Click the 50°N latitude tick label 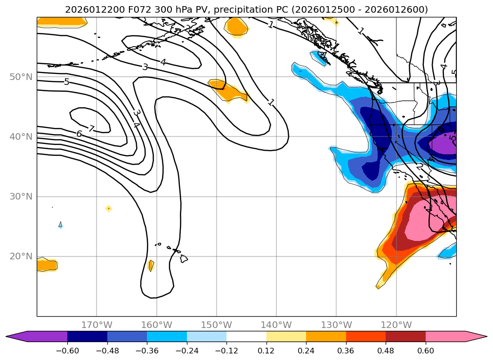click(21, 77)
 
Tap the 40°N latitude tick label click(21, 137)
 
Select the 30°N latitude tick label click(21, 197)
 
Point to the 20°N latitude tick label click(21, 256)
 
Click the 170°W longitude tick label click(97, 325)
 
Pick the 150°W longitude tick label click(217, 325)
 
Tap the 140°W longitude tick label click(276, 325)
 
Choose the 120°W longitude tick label click(396, 325)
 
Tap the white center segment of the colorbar click(246, 336)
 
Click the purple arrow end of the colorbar click(14, 336)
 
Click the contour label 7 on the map click(91, 128)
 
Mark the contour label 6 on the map click(79, 134)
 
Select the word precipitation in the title click(242, 9)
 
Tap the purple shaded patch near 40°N click(443, 144)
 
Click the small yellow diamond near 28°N click(109, 208)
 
